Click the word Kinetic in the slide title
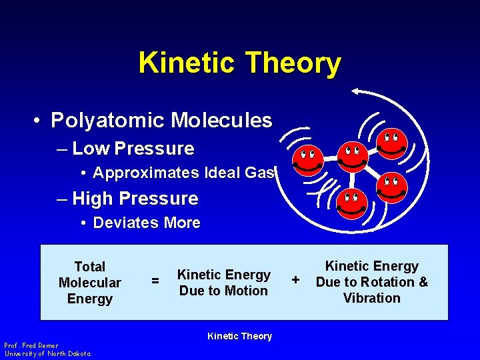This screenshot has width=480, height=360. pyautogui.click(x=187, y=63)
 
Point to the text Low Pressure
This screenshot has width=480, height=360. pyautogui.click(x=133, y=149)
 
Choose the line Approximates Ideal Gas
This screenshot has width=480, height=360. pyautogui.click(x=184, y=173)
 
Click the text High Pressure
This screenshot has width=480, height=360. pyautogui.click(x=135, y=199)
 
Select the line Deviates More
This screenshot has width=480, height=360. pyautogui.click(x=147, y=223)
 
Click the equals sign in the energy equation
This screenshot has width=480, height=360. pyautogui.click(x=155, y=282)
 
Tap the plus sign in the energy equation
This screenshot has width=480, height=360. pyautogui.click(x=296, y=278)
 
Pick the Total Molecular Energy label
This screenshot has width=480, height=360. pyautogui.click(x=90, y=283)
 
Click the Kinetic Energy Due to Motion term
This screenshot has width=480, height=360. pyautogui.click(x=223, y=283)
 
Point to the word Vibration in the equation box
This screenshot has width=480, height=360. pyautogui.click(x=371, y=298)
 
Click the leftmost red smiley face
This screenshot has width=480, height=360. pyautogui.click(x=309, y=160)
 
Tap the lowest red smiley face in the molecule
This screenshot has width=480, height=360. pyautogui.click(x=351, y=204)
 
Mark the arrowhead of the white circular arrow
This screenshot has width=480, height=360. pyautogui.click(x=357, y=91)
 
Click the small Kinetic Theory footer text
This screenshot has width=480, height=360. pyautogui.click(x=239, y=336)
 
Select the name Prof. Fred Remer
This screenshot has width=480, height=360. pyautogui.click(x=31, y=345)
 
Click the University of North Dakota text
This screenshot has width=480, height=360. pyautogui.click(x=47, y=353)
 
